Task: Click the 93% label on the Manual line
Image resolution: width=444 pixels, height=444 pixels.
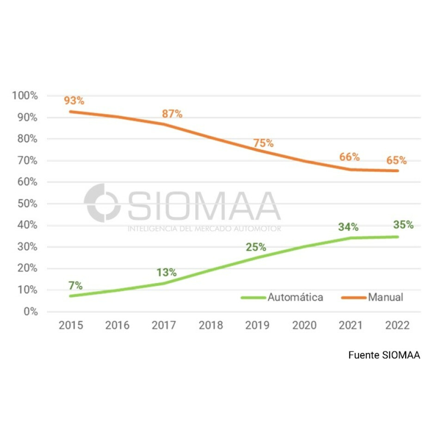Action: (74, 101)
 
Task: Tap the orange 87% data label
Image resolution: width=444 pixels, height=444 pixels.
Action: (172, 114)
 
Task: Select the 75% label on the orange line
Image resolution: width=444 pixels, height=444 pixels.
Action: (264, 143)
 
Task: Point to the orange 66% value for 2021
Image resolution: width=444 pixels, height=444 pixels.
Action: (349, 157)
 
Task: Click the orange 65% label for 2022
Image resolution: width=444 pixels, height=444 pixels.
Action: (397, 160)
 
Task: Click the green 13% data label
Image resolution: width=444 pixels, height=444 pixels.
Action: (166, 272)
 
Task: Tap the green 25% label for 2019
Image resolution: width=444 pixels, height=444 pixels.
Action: (256, 247)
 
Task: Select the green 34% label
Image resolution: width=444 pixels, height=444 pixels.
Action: (348, 227)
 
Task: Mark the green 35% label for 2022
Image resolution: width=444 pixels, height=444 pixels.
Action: (403, 225)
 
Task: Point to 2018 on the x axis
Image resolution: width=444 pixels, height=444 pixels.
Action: (211, 326)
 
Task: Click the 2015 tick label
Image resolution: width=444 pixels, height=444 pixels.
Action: (71, 326)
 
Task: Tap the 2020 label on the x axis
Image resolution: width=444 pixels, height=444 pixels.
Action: (304, 326)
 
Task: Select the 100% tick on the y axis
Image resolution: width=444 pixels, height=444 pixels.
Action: (25, 96)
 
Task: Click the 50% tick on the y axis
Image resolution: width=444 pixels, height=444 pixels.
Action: (27, 203)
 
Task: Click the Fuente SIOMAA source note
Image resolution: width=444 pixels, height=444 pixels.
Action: (384, 355)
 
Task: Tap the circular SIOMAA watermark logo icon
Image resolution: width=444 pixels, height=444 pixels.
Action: (102, 203)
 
